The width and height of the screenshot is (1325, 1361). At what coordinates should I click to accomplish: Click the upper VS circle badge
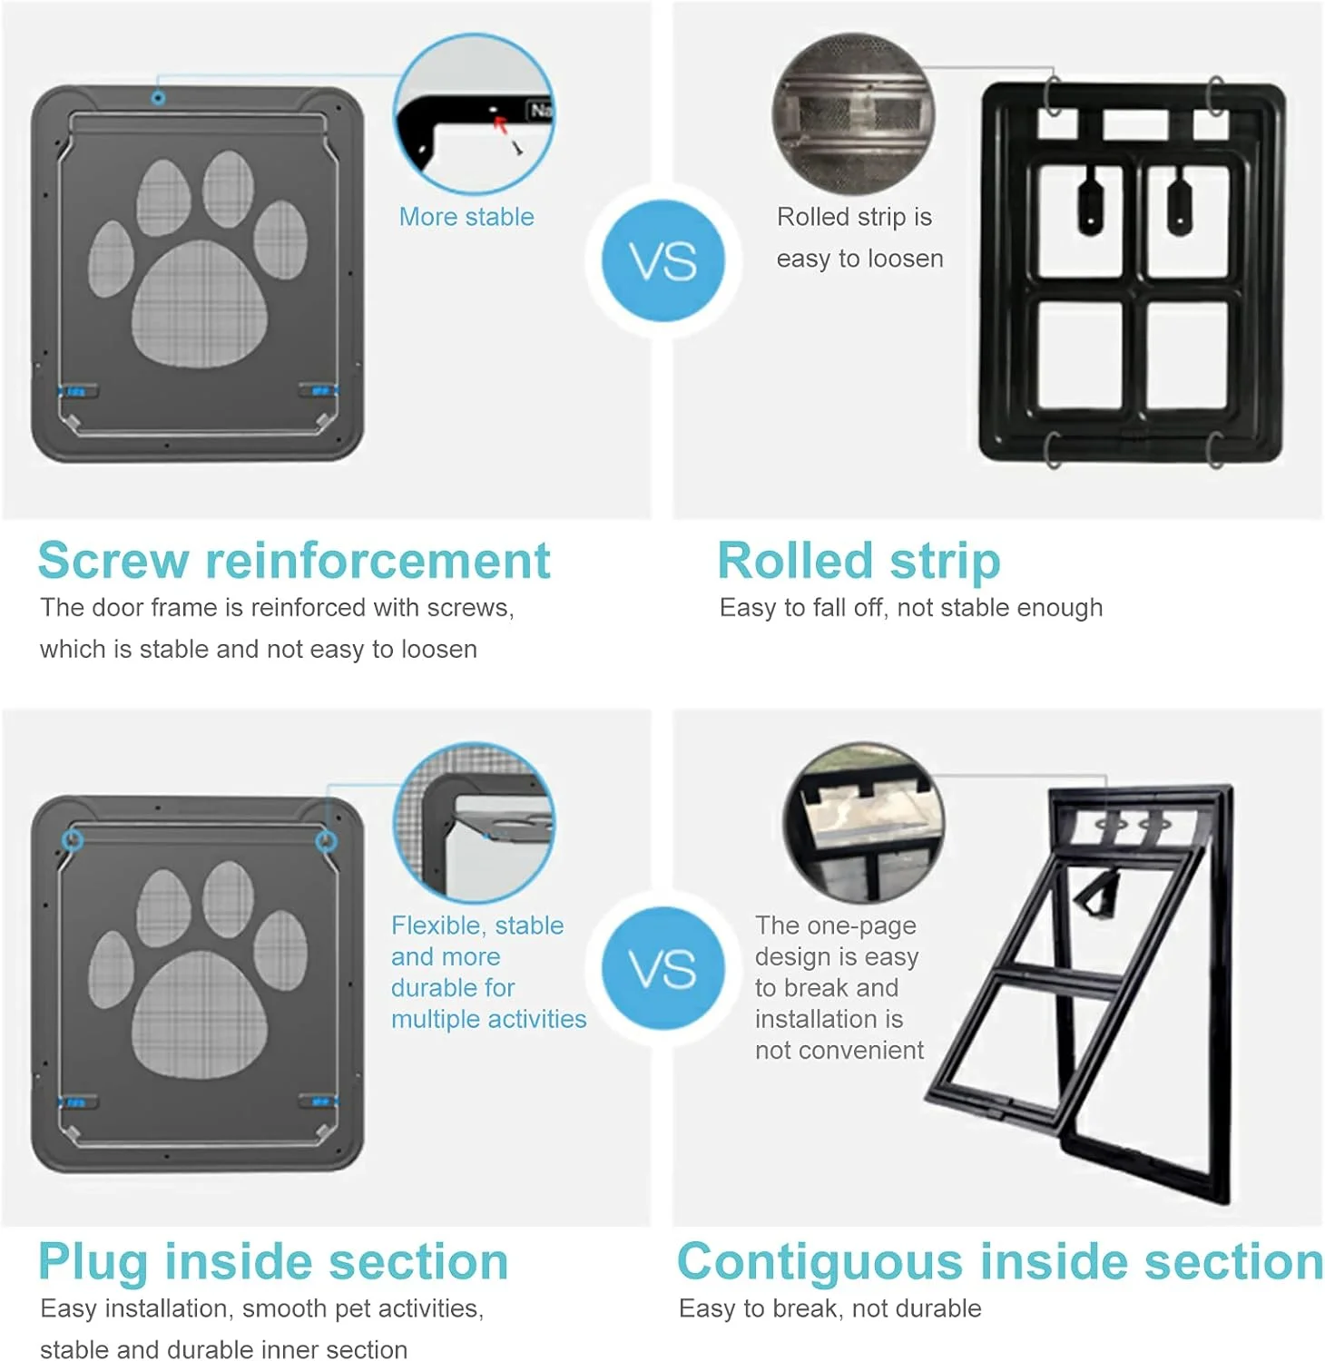tap(663, 260)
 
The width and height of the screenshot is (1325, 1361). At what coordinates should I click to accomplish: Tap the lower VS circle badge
tap(663, 968)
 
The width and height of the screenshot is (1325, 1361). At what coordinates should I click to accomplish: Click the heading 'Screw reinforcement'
tap(294, 560)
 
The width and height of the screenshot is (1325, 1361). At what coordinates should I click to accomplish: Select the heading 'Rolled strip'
tap(859, 562)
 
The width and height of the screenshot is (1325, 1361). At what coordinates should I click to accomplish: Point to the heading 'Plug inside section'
tap(273, 1262)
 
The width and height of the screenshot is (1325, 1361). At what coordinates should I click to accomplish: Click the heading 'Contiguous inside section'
tap(1000, 1262)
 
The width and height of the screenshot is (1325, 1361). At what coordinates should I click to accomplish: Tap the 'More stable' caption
tap(466, 217)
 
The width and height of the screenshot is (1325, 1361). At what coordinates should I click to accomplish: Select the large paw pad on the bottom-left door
tap(200, 1014)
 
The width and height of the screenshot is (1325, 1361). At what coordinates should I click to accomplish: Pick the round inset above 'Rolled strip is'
tap(853, 113)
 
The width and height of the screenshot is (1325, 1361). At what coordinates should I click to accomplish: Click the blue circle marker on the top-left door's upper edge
tap(159, 97)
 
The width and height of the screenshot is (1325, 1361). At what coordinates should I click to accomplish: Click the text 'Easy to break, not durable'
tap(829, 1308)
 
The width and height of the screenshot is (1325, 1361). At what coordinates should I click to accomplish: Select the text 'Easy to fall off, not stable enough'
tap(911, 608)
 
